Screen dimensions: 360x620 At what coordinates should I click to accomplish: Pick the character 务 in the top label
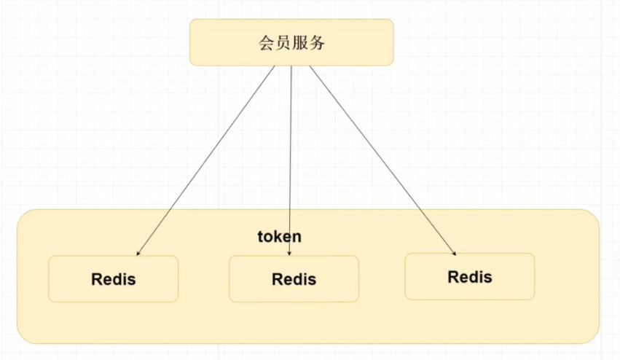click(x=317, y=43)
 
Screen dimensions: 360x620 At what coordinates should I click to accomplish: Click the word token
click(x=279, y=237)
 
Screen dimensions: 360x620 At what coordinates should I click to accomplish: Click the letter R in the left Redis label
click(x=97, y=279)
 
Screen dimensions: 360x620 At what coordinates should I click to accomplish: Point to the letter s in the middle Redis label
click(x=312, y=280)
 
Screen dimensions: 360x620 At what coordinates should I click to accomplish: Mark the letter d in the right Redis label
click(x=474, y=277)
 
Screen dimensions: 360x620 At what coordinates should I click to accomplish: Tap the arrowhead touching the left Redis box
click(x=138, y=253)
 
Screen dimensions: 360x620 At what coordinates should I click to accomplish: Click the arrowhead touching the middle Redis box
click(x=290, y=253)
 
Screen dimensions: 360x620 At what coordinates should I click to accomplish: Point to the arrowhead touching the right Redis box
click(x=455, y=253)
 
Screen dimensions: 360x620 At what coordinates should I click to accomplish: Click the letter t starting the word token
click(x=260, y=237)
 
